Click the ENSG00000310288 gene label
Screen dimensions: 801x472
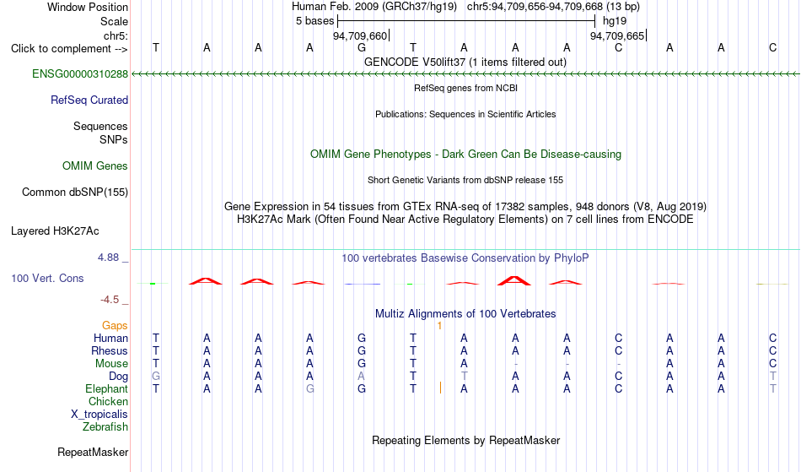80,73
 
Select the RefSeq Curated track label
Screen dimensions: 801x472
89,100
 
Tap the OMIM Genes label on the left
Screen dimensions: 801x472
95,165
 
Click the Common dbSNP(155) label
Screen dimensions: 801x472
75,192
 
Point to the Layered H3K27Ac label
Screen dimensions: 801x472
55,231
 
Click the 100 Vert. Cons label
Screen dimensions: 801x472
47,278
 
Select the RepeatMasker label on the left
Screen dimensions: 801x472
93,452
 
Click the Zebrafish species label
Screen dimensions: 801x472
105,426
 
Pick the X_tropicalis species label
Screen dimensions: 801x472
99,415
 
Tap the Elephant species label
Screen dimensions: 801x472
107,388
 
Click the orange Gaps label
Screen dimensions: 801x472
115,325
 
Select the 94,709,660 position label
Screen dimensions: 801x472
360,35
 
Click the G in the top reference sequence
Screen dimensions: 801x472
362,47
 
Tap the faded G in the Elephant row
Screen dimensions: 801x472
309,388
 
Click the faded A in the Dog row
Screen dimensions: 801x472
361,376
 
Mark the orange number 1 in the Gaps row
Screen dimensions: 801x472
439,326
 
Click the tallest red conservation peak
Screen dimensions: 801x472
514,280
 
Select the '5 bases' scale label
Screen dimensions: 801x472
314,21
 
